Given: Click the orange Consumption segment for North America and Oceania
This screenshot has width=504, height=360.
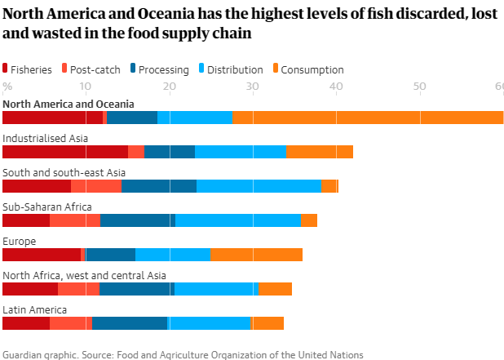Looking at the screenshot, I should (x=368, y=118).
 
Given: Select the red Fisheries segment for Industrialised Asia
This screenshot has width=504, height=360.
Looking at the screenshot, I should (x=65, y=151).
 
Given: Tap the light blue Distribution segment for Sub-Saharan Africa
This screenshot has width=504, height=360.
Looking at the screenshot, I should (x=238, y=220).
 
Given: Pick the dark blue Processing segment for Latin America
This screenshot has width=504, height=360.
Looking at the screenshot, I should (x=130, y=322).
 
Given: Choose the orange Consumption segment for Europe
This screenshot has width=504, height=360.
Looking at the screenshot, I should (x=256, y=254).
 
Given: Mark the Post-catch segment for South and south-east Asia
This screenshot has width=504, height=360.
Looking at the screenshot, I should (x=96, y=185).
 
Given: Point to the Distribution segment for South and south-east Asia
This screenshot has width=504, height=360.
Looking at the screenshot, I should (x=259, y=185).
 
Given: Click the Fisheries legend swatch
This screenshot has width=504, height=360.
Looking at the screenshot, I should (x=7, y=70).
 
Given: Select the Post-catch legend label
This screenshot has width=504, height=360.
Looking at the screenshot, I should (x=96, y=70).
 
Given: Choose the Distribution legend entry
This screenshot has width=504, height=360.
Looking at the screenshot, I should (x=234, y=70).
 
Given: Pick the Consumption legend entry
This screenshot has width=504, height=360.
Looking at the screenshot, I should (x=312, y=70).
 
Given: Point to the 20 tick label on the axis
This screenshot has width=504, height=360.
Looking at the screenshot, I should (x=169, y=87).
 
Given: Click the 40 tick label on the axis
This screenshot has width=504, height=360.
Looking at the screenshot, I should (x=335, y=87).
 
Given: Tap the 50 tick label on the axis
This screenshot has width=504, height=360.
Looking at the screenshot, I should (x=418, y=87).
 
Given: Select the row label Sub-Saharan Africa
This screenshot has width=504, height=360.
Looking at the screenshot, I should (x=47, y=207).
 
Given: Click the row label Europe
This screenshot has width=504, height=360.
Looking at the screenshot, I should (x=20, y=241).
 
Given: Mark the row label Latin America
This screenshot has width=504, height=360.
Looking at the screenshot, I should (x=35, y=309).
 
